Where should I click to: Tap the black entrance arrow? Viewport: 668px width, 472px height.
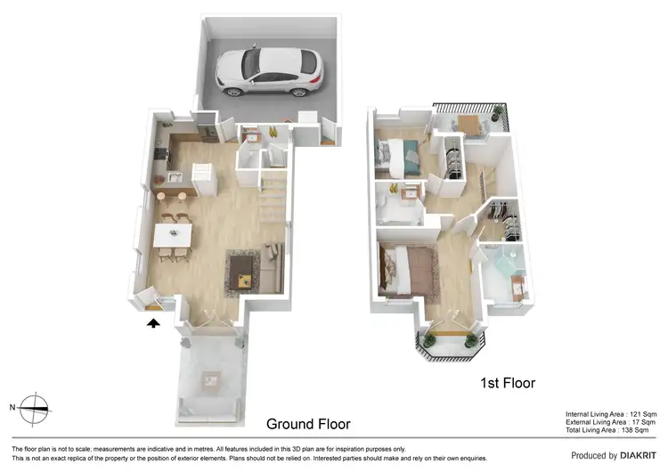click(x=153, y=324)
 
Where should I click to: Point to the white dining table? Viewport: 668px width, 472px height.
click(x=173, y=234)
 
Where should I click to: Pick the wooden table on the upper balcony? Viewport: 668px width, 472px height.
click(x=469, y=122)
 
